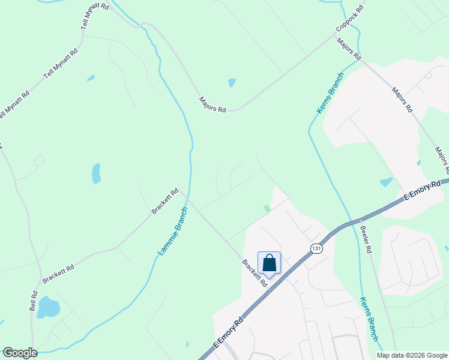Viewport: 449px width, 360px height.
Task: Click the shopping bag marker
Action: pyautogui.click(x=269, y=263)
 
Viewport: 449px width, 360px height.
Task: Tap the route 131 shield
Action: pyautogui.click(x=316, y=248)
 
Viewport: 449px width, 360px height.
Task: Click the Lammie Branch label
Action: pyautogui.click(x=173, y=232)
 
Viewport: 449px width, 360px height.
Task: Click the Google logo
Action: pyautogui.click(x=20, y=353)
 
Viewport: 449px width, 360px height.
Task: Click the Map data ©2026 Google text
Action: pyautogui.click(x=411, y=355)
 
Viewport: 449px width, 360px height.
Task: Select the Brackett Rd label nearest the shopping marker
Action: pyautogui.click(x=255, y=273)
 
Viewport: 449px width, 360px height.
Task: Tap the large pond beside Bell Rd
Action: pyautogui.click(x=48, y=307)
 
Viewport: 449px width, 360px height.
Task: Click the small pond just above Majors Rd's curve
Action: pyautogui.click(x=232, y=83)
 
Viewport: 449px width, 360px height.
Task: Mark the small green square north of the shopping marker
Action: pyautogui.click(x=267, y=208)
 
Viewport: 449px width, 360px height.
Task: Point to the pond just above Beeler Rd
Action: pyautogui.click(x=386, y=182)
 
